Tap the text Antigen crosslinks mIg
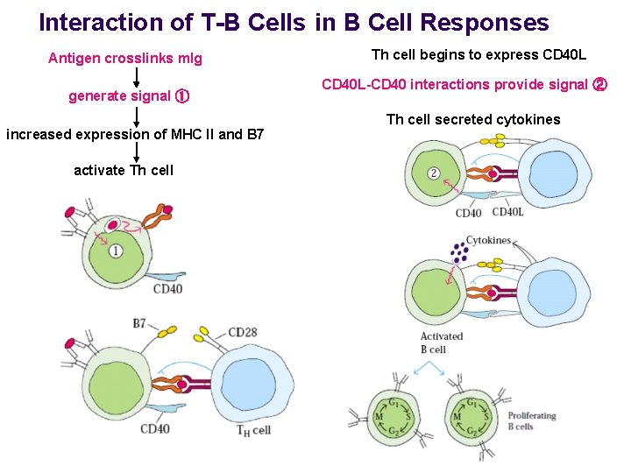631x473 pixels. click(x=125, y=59)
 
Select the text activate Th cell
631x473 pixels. click(x=124, y=170)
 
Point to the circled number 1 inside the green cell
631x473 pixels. click(x=117, y=252)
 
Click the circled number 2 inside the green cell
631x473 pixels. click(x=434, y=173)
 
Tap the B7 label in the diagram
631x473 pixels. click(x=139, y=324)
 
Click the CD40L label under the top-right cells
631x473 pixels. click(x=508, y=212)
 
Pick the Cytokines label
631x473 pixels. click(x=488, y=240)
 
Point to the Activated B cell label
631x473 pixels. click(x=441, y=342)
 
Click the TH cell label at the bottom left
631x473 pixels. click(x=254, y=430)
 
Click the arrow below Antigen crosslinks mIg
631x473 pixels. click(x=137, y=77)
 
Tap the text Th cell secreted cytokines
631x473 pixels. click(x=473, y=119)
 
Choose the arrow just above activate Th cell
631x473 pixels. click(x=137, y=152)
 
